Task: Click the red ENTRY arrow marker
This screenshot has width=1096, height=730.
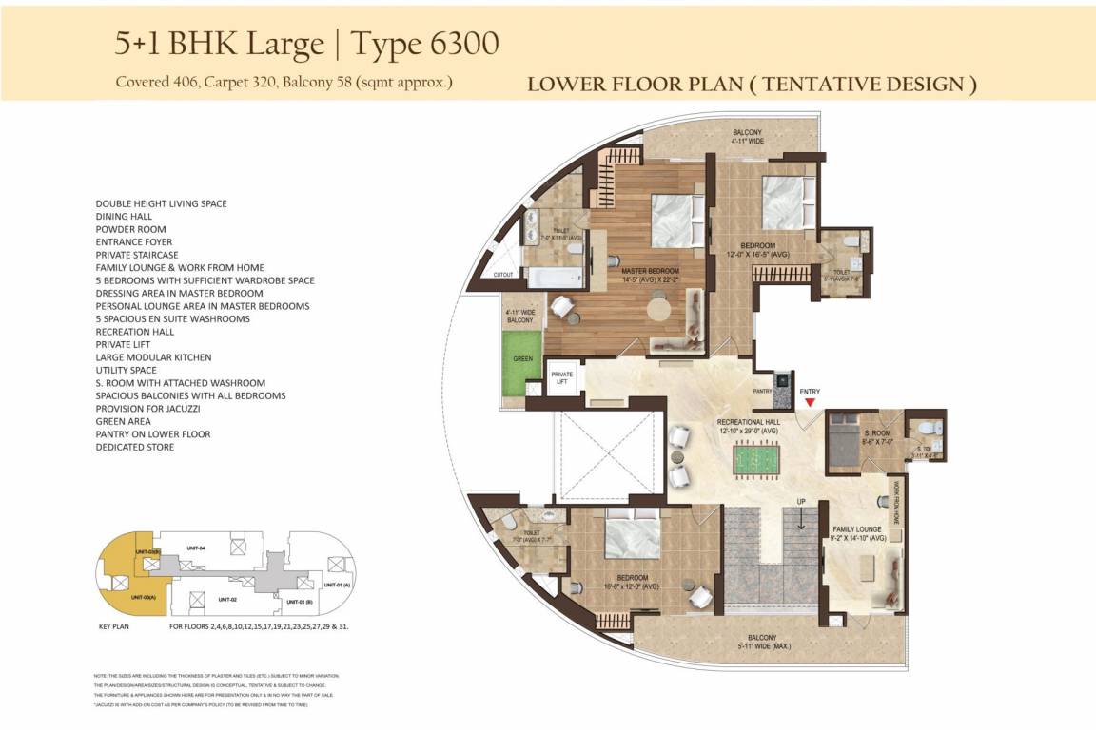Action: [x=810, y=403]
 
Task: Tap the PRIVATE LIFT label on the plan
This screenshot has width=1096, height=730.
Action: [x=562, y=378]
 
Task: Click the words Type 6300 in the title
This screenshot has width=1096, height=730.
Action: [x=425, y=44]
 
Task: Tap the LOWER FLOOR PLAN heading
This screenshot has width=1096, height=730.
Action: [x=752, y=85]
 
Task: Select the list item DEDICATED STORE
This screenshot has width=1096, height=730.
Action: [x=135, y=447]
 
